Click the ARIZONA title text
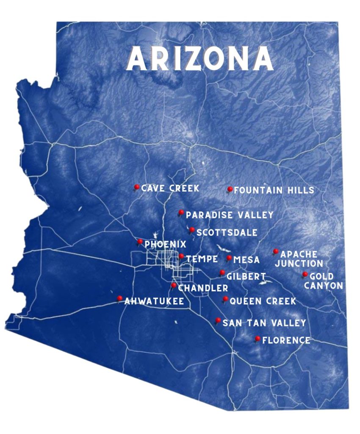[x=200, y=58]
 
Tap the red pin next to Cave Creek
[x=136, y=187]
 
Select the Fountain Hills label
[x=274, y=190]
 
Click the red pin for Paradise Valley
[x=181, y=212]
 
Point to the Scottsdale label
[x=227, y=233]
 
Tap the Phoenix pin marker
[x=140, y=242]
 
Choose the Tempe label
[x=202, y=259]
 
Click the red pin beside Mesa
[x=229, y=258]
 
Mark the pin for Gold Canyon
[x=305, y=275]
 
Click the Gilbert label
[x=246, y=276]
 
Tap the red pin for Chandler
[x=174, y=286]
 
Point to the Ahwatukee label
[x=154, y=301]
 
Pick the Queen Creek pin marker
[x=225, y=299]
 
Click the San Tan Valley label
[x=264, y=323]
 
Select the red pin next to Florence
[x=258, y=339]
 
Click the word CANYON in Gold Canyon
[x=323, y=286]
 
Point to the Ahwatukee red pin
[x=120, y=298]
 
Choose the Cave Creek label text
[x=170, y=188]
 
